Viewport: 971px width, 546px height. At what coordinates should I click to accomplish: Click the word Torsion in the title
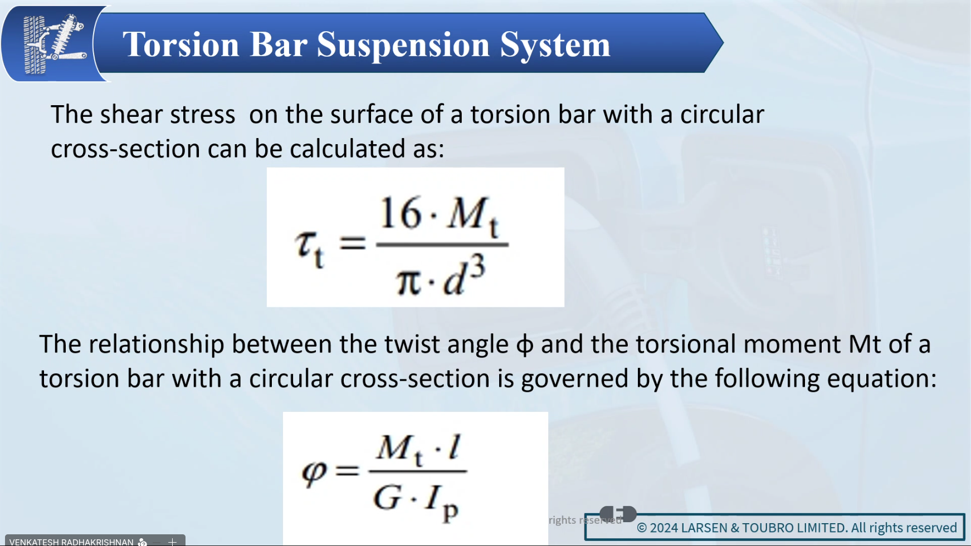point(180,44)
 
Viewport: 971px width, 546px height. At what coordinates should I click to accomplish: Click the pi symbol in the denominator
point(408,281)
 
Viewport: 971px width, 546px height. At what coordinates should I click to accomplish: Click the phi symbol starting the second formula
point(314,473)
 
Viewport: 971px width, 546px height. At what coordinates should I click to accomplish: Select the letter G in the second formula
point(387,496)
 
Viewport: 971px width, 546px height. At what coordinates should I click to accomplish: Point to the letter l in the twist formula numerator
point(455,446)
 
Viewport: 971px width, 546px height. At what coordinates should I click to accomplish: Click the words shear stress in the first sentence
point(168,114)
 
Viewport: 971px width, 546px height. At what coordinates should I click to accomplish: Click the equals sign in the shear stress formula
point(353,243)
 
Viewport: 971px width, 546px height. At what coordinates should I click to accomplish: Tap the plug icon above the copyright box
point(618,514)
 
